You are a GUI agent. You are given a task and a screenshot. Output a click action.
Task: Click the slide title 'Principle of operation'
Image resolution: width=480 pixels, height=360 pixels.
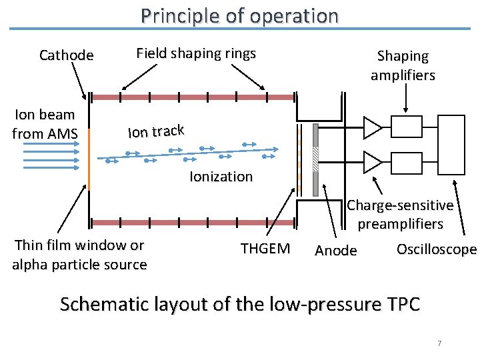tap(239, 15)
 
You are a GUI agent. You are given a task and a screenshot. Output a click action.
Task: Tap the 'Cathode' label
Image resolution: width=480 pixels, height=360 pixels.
tap(67, 55)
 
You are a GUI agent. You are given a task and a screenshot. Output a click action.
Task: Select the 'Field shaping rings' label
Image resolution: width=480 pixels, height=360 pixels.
tap(196, 53)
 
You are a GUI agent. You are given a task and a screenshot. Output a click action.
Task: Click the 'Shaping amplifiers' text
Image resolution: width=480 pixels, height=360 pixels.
tap(403, 65)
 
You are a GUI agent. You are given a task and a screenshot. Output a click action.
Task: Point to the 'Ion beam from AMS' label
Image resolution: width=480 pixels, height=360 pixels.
tap(45, 124)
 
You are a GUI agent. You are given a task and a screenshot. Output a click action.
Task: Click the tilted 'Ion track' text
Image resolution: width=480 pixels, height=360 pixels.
tap(155, 131)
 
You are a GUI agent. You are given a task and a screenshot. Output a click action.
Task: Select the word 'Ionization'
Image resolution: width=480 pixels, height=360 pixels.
tap(221, 177)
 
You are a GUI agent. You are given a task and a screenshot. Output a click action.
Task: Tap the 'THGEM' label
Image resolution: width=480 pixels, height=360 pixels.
tap(265, 249)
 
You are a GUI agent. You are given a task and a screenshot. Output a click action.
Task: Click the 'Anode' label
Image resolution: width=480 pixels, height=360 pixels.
tap(335, 251)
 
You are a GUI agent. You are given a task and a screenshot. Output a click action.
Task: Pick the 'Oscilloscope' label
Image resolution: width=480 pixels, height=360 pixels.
tap(437, 249)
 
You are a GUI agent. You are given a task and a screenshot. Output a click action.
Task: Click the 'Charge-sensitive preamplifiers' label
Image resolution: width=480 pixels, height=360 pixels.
tap(400, 214)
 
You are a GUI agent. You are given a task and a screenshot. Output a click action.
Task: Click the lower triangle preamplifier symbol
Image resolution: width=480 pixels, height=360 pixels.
tap(372, 161)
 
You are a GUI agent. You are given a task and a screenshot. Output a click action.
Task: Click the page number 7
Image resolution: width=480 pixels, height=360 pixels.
tap(439, 343)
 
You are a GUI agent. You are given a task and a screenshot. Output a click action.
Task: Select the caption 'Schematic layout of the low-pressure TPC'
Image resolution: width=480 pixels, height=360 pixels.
tap(239, 305)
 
